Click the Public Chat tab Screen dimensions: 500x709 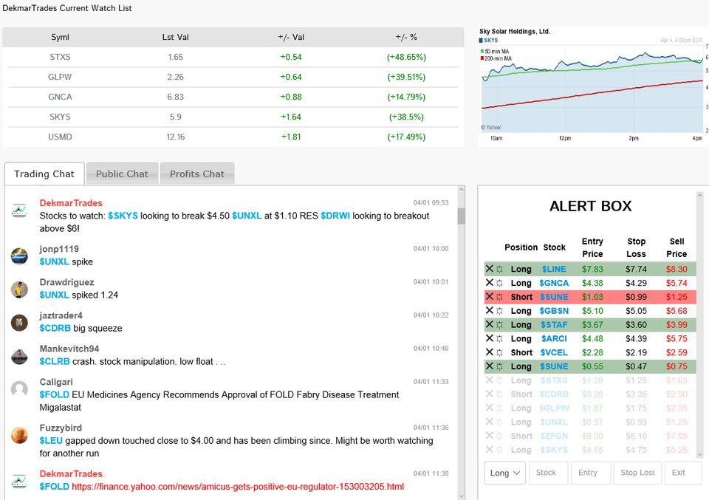[122, 174]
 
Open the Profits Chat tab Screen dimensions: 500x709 [197, 174]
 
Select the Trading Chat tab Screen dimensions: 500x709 [44, 174]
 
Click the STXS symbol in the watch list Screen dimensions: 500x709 [60, 57]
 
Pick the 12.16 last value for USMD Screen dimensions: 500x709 [176, 137]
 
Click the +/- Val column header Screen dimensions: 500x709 [290, 38]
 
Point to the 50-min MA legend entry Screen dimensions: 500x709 [498, 51]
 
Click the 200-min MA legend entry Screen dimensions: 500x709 [499, 57]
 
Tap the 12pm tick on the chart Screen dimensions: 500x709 [565, 139]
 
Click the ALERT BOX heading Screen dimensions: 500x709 [590, 207]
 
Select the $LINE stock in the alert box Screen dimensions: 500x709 [554, 270]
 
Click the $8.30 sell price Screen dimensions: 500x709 [677, 270]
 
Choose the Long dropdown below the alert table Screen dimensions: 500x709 [505, 473]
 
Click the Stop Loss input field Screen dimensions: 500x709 [637, 473]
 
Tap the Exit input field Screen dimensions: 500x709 [682, 473]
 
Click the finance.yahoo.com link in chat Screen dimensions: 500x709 [238, 487]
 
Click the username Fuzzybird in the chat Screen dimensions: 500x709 [61, 428]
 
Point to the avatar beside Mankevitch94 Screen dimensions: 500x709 [20, 356]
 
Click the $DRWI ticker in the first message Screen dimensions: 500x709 [335, 216]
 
